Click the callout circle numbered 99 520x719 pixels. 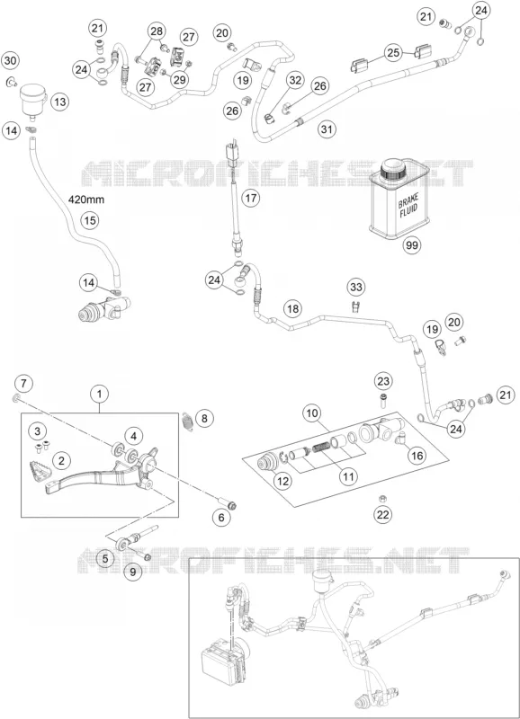pos(412,245)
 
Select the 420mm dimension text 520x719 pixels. pos(86,200)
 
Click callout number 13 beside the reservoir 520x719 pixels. pos(60,102)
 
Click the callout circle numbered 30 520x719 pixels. pos(11,60)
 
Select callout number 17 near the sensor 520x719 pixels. pos(251,198)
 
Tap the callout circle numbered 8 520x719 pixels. pos(205,418)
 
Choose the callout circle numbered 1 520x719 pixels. pos(100,394)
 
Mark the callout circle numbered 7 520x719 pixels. pos(24,383)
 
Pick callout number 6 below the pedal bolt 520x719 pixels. pos(221,518)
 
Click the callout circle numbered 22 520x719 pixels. pos(382,514)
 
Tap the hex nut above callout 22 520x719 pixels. pos(381,498)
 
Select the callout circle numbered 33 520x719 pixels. pos(356,288)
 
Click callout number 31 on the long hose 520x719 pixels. pos(327,129)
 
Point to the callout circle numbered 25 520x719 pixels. pos(393,53)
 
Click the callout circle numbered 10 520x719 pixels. pos(312,413)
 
